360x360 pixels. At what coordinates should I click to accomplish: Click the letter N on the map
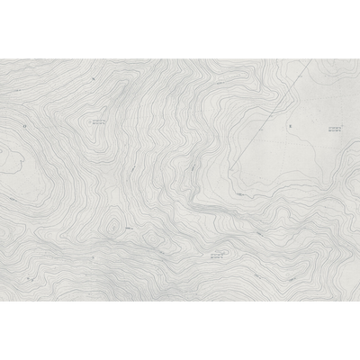click(x=93, y=79)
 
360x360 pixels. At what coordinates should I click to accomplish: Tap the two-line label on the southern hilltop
click(x=217, y=256)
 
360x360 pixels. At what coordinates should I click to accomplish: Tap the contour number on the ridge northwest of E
click(x=241, y=192)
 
